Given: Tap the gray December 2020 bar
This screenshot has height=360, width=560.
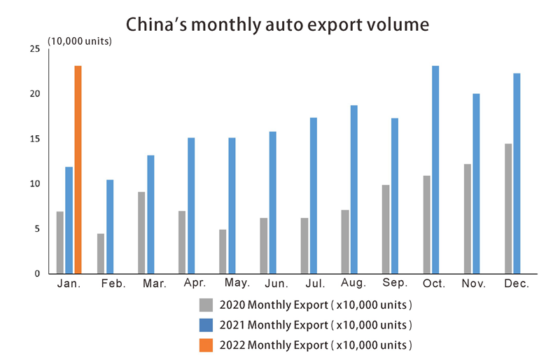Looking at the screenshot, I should [508, 209].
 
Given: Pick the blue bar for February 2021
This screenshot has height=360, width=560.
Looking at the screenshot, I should [110, 226].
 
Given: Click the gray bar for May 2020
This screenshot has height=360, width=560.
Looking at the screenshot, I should [223, 251].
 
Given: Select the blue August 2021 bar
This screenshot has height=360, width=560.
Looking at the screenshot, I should [353, 189].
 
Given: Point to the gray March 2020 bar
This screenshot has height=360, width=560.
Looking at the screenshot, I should [141, 233].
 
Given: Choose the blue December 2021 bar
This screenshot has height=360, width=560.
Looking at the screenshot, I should [517, 173].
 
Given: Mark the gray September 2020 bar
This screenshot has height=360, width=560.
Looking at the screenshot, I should [386, 229].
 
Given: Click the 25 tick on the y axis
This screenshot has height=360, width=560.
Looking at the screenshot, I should [35, 49].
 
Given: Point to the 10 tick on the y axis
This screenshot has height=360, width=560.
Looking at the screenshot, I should [35, 184].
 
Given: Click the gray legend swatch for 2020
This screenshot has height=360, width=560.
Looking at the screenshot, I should [206, 305].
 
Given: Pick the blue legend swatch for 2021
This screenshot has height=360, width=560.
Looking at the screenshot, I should [206, 325].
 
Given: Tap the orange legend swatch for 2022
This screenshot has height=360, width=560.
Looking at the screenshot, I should [206, 345].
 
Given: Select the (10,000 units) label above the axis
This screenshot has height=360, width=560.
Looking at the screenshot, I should [80, 41].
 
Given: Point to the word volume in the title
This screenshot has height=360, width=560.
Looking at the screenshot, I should [397, 25].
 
